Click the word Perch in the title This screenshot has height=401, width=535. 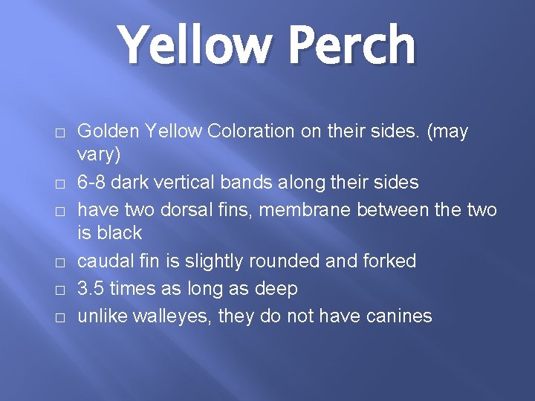(x=351, y=46)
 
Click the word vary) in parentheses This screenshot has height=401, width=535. (x=99, y=155)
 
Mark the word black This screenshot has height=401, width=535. (x=118, y=233)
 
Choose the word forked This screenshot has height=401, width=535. (x=389, y=261)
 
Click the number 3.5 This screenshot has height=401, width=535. (x=91, y=288)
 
